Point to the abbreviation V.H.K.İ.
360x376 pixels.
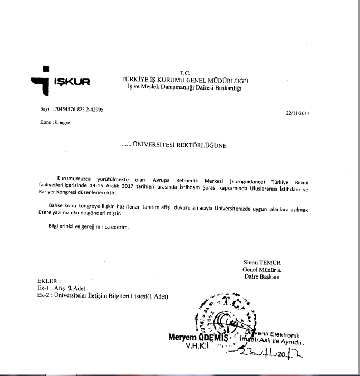(x=198, y=347)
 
